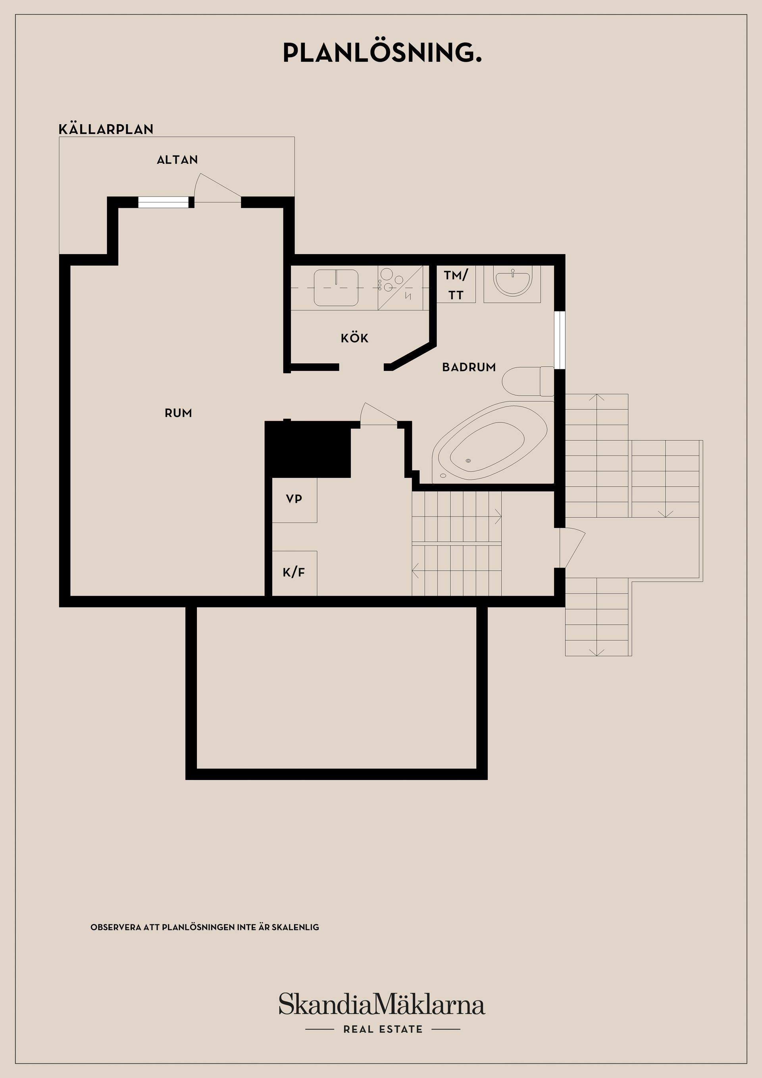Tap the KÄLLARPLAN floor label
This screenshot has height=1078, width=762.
pyautogui.click(x=106, y=129)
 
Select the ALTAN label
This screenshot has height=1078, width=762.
pyautogui.click(x=177, y=160)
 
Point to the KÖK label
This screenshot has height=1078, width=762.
pyautogui.click(x=354, y=338)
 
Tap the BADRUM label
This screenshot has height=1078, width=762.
pyautogui.click(x=469, y=367)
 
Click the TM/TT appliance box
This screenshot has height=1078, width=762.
pyautogui.click(x=456, y=285)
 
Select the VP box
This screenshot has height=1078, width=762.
pyautogui.click(x=294, y=500)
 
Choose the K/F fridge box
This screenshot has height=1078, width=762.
pyautogui.click(x=294, y=573)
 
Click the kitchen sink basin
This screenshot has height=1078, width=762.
pyautogui.click(x=336, y=287)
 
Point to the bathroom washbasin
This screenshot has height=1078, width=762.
pyautogui.click(x=512, y=282)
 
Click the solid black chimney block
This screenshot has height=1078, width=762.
pyautogui.click(x=308, y=449)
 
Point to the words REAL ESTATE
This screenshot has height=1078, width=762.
pyautogui.click(x=383, y=1030)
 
